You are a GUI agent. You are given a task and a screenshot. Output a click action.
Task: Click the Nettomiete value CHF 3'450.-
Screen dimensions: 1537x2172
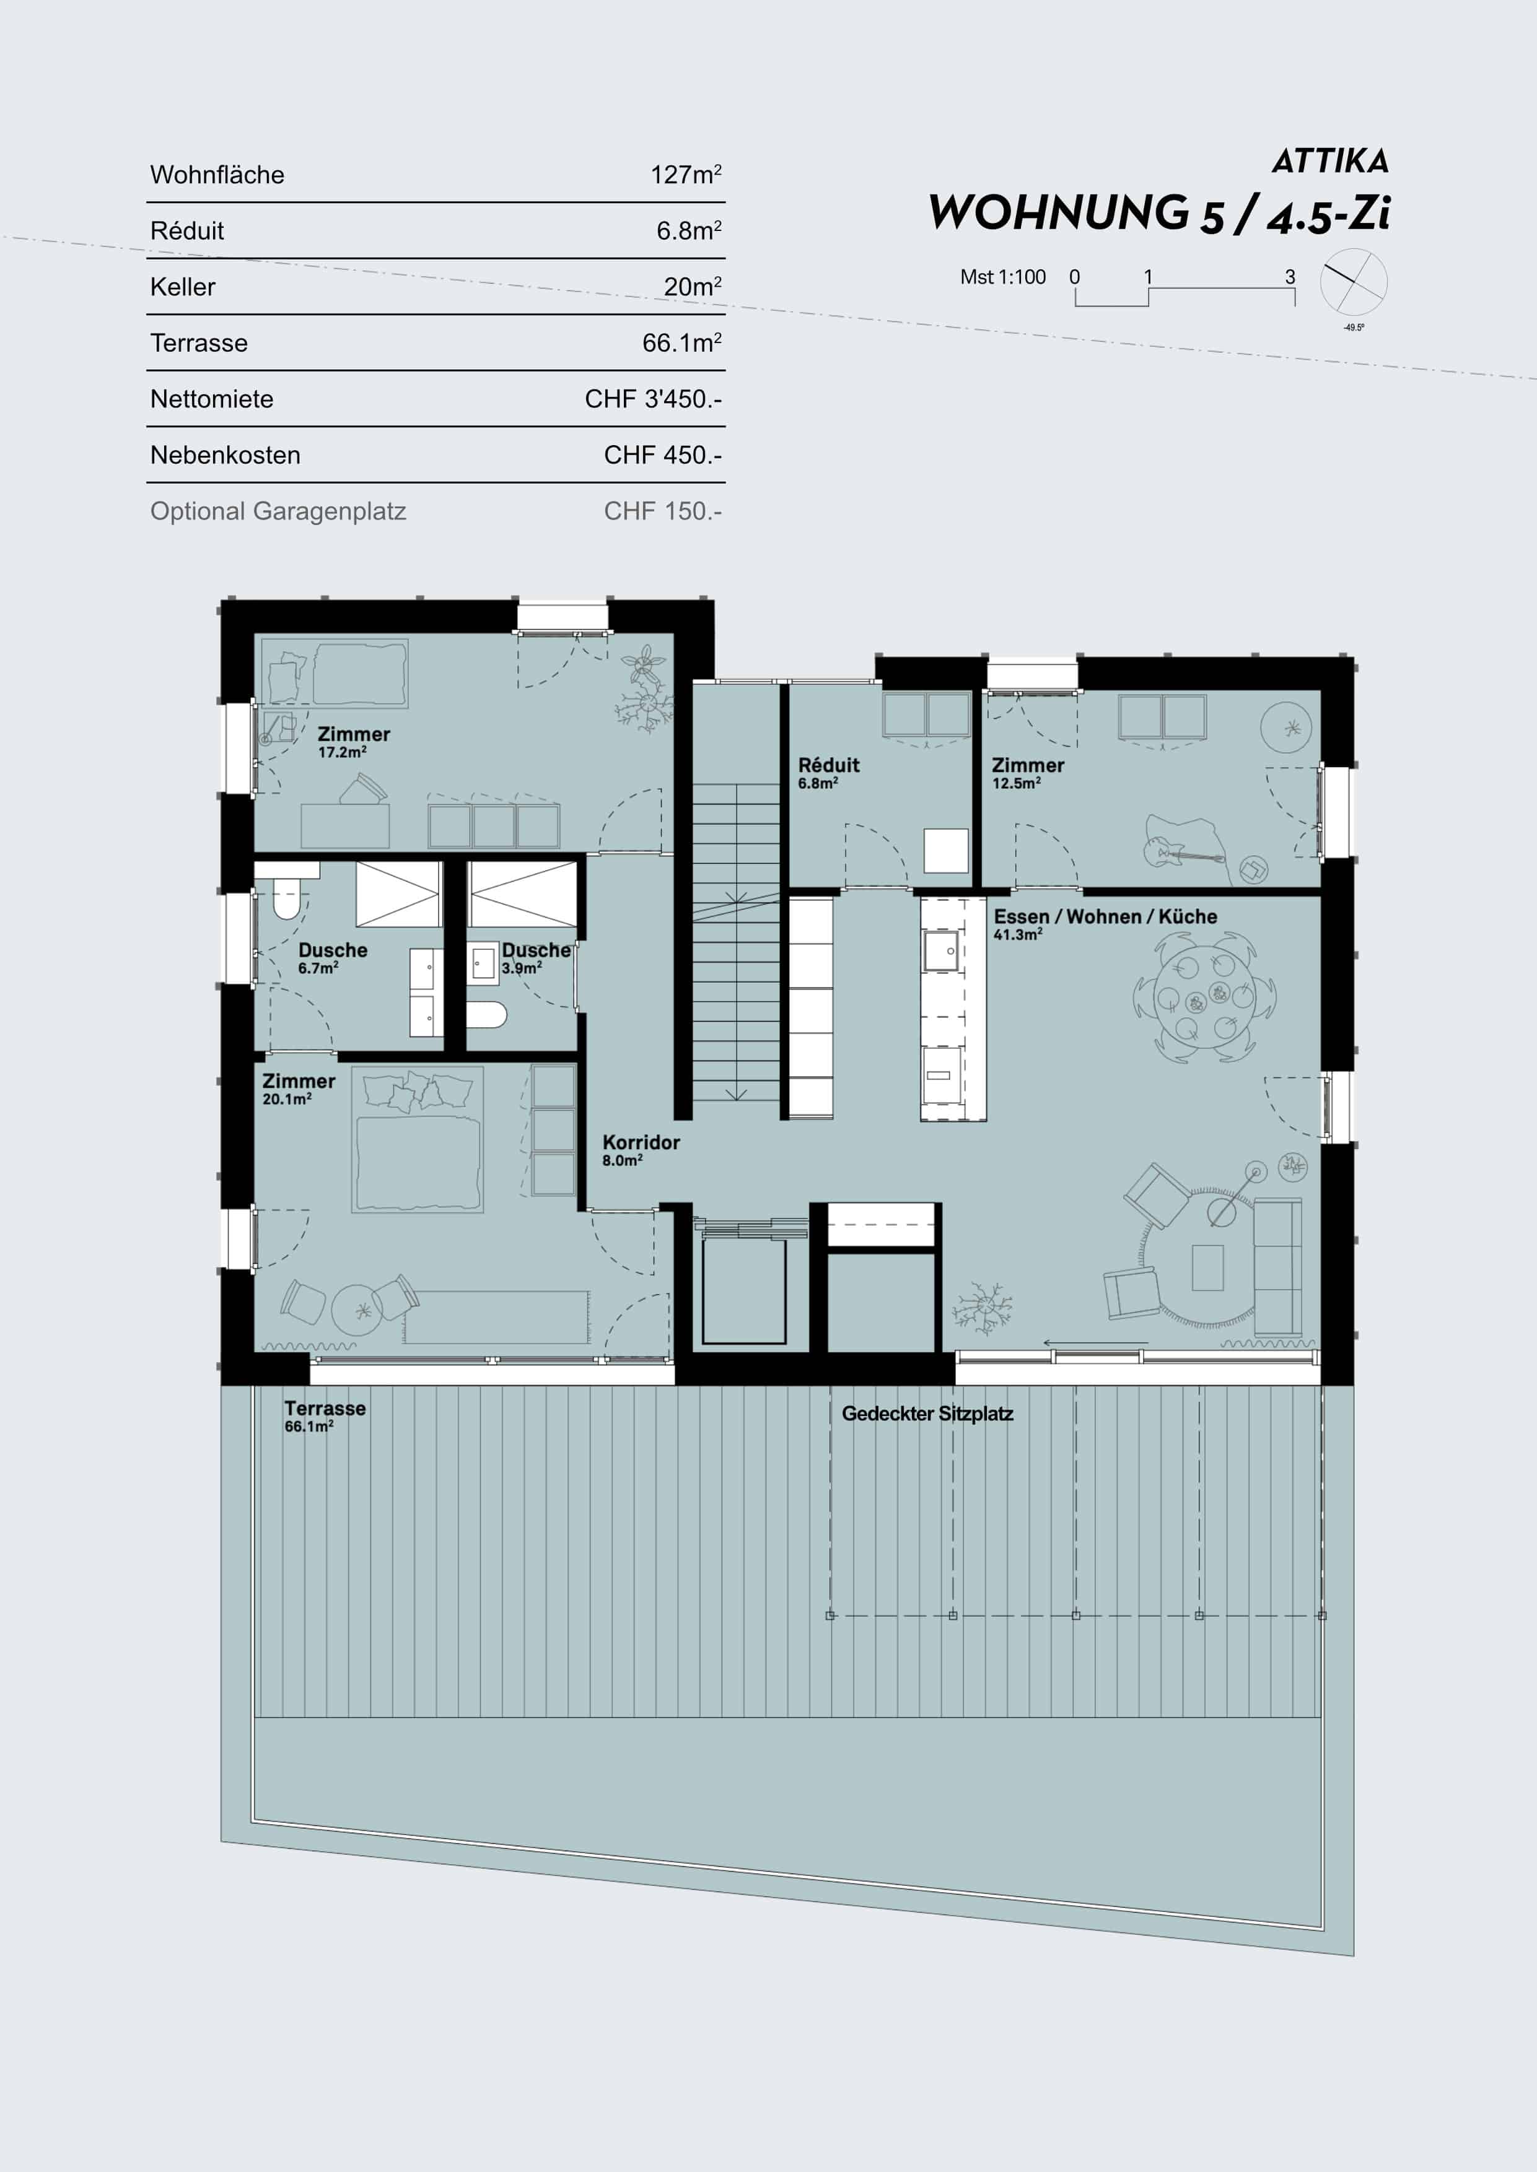tap(653, 399)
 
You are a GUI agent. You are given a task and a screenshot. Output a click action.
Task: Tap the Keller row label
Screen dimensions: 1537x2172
tap(183, 287)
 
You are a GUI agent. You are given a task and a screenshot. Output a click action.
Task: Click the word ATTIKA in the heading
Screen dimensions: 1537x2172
tap(1329, 161)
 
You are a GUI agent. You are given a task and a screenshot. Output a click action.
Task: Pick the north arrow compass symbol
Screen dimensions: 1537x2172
tap(1354, 282)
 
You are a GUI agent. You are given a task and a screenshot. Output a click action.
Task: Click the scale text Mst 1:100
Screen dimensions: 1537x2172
tap(1002, 277)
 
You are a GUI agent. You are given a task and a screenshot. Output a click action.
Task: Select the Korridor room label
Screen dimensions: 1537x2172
tap(641, 1149)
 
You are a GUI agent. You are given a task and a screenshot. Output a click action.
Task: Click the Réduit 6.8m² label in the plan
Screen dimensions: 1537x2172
tap(828, 772)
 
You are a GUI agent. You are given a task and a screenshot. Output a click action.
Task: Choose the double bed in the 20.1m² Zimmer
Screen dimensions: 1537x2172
tap(418, 1140)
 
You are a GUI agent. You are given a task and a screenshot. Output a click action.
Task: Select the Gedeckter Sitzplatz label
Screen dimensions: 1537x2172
tap(927, 1414)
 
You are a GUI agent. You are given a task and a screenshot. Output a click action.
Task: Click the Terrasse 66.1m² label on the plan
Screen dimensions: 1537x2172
tap(325, 1415)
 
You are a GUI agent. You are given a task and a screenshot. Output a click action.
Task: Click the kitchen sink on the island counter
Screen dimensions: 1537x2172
tap(942, 951)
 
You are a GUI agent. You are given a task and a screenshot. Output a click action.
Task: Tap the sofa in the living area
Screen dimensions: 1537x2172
tap(1277, 1267)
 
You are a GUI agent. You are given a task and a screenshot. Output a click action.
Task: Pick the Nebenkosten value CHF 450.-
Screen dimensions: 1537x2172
tap(662, 455)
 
